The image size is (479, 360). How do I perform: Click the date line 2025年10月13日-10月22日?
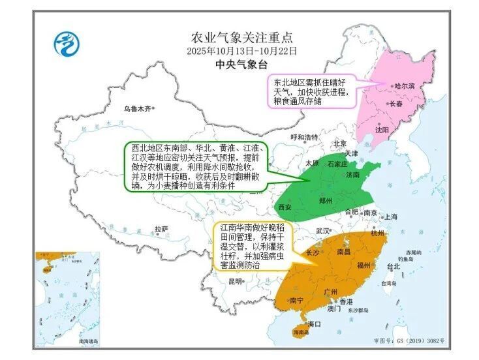pyautogui.click(x=243, y=50)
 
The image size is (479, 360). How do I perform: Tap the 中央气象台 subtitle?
pyautogui.click(x=242, y=65)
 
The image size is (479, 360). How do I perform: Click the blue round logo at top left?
pyautogui.click(x=66, y=44)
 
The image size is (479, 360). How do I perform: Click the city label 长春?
pyautogui.click(x=396, y=103)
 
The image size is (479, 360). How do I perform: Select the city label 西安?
pyautogui.click(x=285, y=207)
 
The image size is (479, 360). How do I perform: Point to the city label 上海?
pyautogui.click(x=392, y=217)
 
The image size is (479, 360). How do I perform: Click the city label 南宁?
pyautogui.click(x=296, y=300)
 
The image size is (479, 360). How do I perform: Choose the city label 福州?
pyautogui.click(x=364, y=265)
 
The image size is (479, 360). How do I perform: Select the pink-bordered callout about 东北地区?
pyautogui.click(x=311, y=91)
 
